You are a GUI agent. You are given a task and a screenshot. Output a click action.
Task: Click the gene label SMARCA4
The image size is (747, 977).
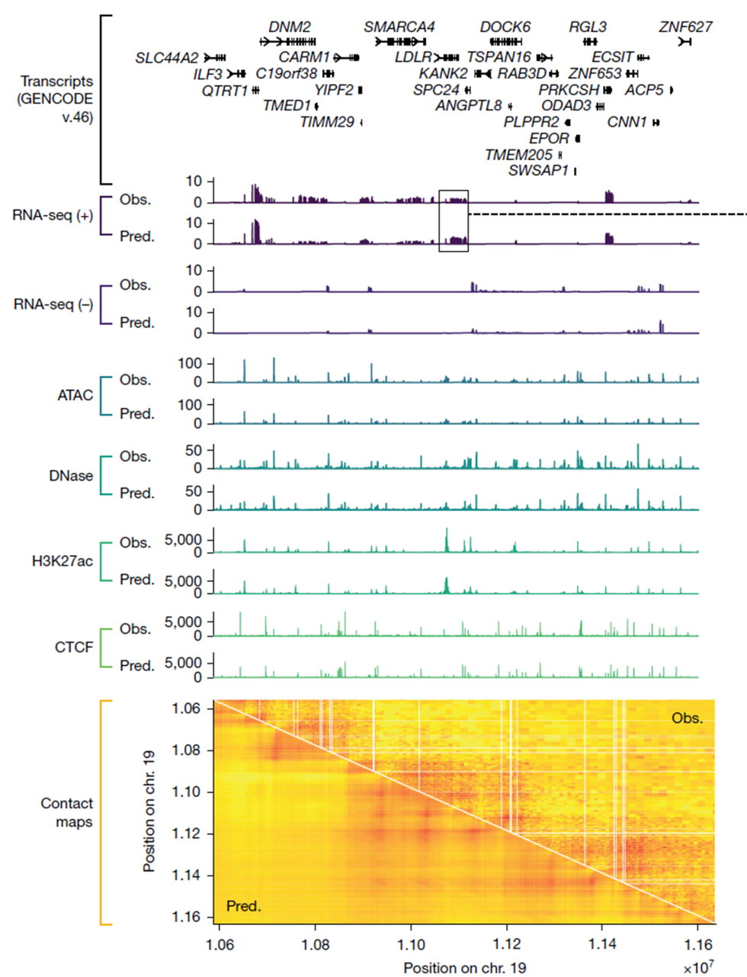tap(399, 27)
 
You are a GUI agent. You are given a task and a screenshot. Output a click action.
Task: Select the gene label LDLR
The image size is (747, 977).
tap(413, 57)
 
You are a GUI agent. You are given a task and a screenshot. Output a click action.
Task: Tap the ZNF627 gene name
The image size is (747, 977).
tap(685, 27)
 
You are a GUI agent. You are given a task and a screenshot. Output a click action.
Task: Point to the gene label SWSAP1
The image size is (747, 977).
tap(538, 171)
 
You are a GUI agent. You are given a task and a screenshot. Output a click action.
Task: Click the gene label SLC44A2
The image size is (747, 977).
tap(166, 58)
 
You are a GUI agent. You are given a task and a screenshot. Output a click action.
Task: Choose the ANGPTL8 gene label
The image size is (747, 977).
tap(468, 106)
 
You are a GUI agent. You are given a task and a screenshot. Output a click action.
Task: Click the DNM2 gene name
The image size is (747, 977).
tap(290, 27)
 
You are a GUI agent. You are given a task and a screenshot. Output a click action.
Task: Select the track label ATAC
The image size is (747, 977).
tap(75, 395)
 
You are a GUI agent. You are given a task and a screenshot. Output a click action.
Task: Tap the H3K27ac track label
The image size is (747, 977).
tap(63, 561)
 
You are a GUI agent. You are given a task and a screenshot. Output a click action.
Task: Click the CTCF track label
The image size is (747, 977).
tap(74, 648)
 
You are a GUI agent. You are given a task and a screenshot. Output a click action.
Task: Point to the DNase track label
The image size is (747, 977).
tap(71, 476)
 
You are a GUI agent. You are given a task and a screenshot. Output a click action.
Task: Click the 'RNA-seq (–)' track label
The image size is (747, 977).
tap(53, 304)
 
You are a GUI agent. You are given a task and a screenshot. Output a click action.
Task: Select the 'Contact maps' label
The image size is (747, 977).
tap(66, 812)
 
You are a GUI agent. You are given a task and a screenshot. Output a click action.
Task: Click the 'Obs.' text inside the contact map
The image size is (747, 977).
tap(687, 718)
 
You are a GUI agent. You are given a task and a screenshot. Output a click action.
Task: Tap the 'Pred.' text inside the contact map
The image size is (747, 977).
tap(243, 906)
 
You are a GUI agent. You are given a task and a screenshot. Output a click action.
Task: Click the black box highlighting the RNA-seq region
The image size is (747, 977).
tap(454, 220)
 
